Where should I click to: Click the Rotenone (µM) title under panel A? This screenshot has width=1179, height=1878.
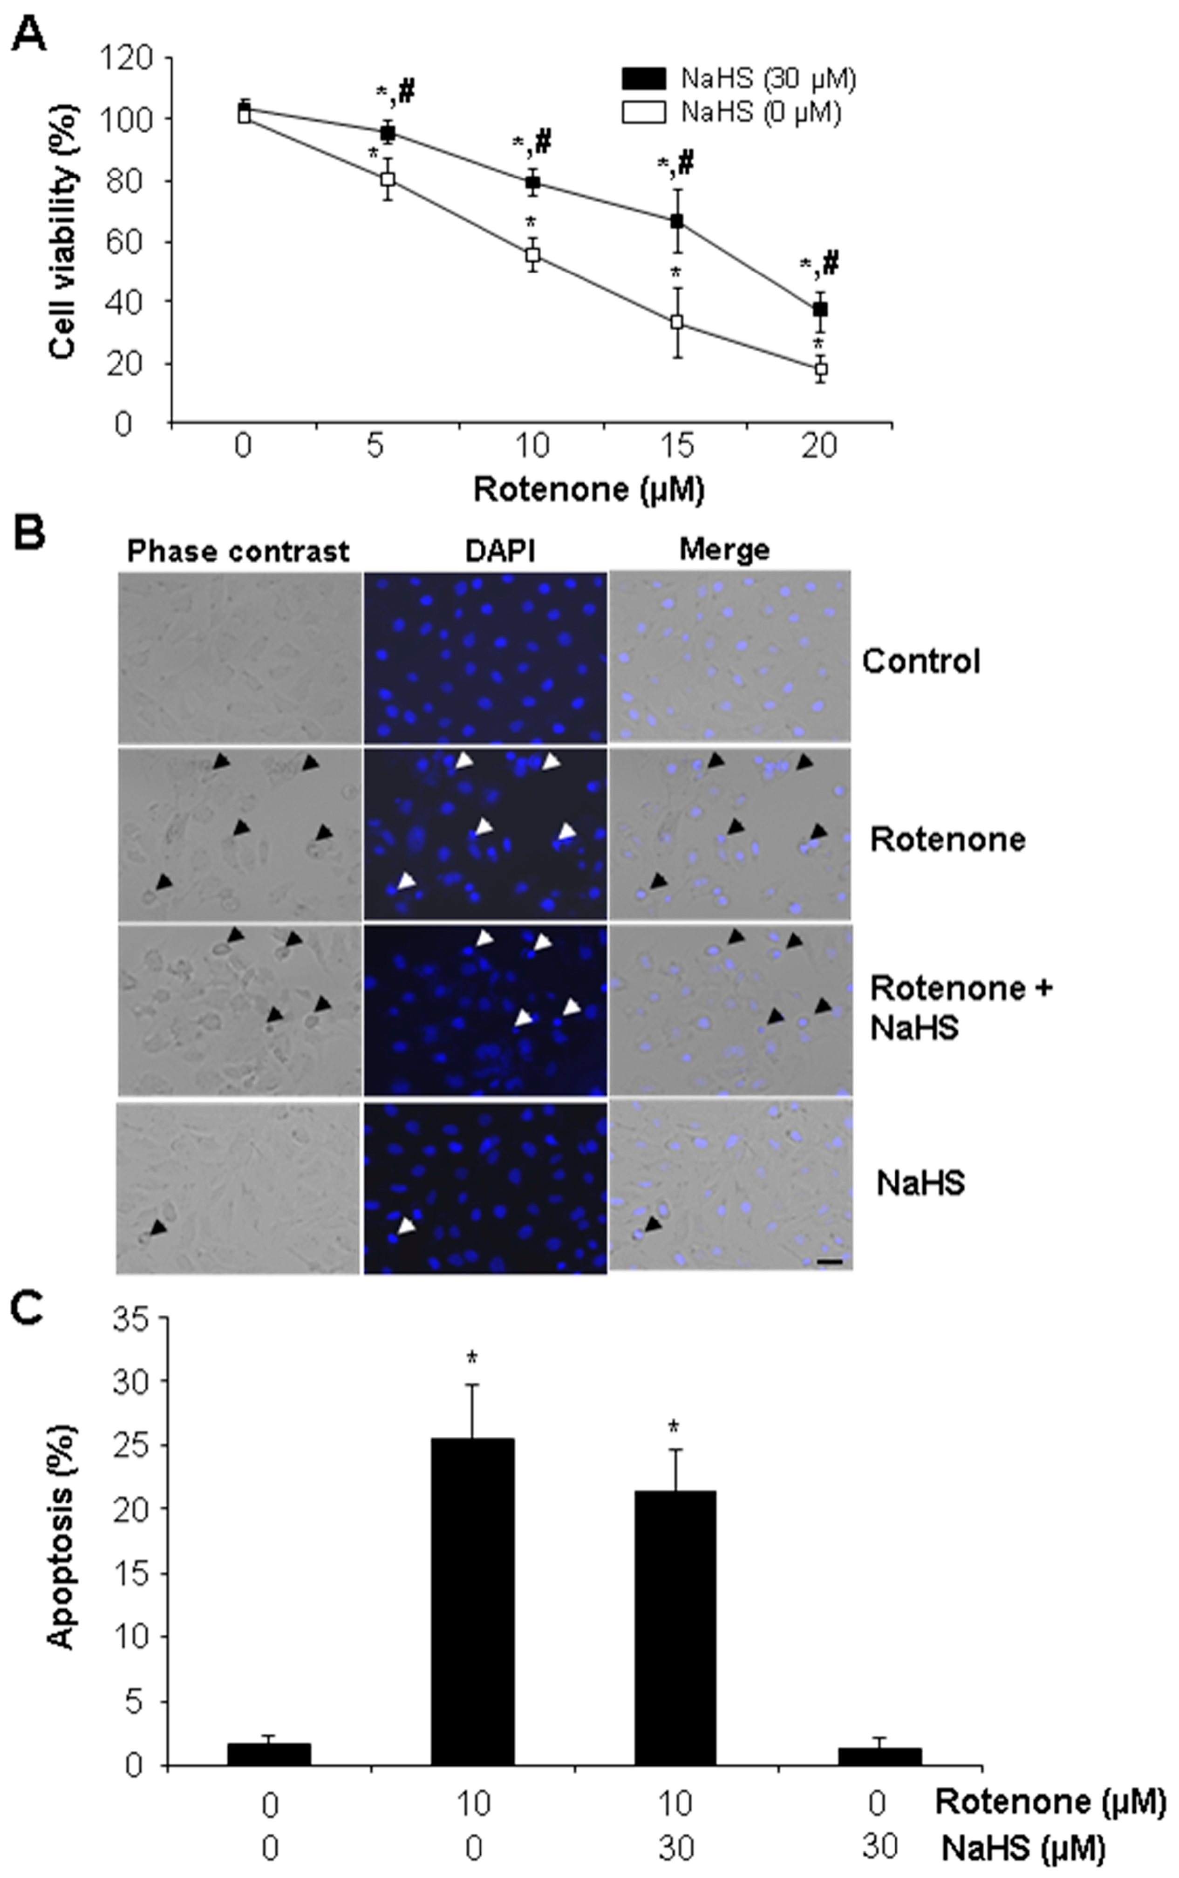point(589,490)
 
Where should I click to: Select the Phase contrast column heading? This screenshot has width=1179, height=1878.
point(238,552)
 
